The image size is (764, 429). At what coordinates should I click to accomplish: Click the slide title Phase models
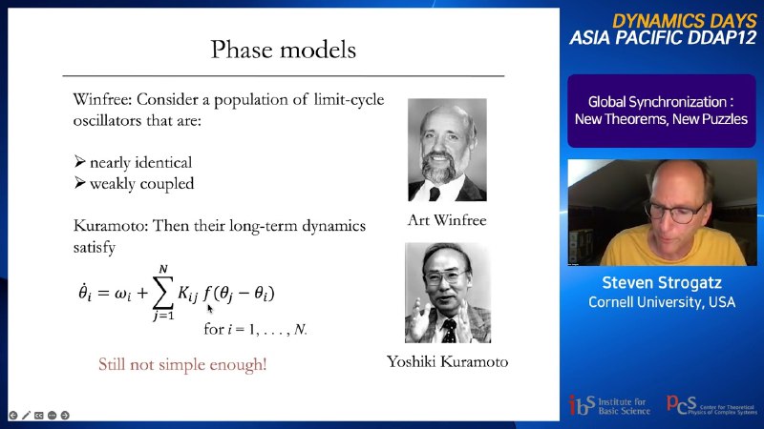[x=283, y=50]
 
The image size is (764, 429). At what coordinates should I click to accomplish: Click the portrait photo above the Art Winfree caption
[x=447, y=150]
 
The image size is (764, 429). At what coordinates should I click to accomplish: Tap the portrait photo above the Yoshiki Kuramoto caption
[x=448, y=293]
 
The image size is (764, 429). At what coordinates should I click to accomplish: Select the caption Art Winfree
[x=447, y=220]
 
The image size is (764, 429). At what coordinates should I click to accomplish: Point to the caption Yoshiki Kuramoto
[x=447, y=361]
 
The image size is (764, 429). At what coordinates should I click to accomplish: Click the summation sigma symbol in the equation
[x=163, y=293]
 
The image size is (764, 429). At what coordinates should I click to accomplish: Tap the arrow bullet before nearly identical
[x=80, y=161]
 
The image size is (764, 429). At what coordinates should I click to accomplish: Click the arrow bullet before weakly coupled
[x=80, y=183]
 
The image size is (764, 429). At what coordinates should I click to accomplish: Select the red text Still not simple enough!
[x=182, y=364]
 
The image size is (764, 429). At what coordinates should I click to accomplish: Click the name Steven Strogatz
[x=662, y=282]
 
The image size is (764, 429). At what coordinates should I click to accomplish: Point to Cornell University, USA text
[x=662, y=302]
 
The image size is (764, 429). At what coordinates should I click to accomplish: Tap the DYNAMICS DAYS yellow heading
[x=684, y=21]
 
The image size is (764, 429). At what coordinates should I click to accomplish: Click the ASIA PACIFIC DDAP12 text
[x=663, y=38]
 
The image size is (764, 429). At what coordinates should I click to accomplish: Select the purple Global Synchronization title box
[x=662, y=111]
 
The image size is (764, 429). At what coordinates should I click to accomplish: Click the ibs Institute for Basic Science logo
[x=609, y=405]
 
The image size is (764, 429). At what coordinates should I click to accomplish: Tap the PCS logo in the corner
[x=711, y=404]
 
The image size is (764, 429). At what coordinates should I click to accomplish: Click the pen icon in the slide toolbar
[x=26, y=416]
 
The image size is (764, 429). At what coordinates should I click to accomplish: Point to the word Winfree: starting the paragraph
[x=102, y=99]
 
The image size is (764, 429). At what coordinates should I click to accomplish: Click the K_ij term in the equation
[x=188, y=294]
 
